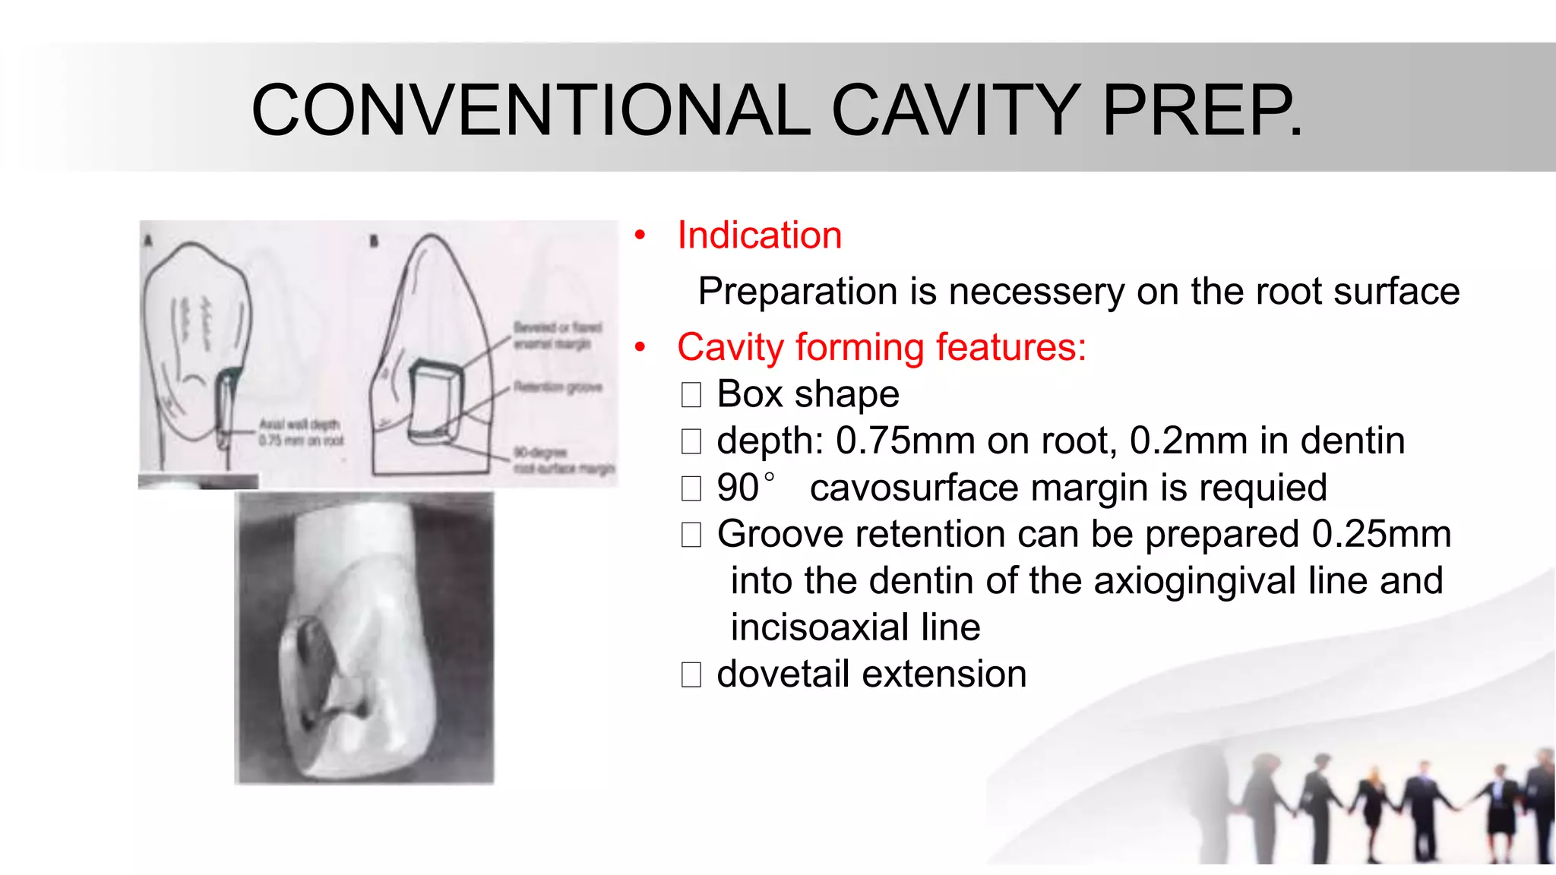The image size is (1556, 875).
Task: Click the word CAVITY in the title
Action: (x=956, y=111)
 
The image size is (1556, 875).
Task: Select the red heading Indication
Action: (x=760, y=235)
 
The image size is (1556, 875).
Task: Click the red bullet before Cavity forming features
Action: (x=640, y=348)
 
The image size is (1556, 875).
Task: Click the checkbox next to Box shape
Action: (x=691, y=395)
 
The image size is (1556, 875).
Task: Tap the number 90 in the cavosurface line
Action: (x=738, y=488)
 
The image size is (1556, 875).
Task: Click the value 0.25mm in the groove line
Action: (x=1381, y=535)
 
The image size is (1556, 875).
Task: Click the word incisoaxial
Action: (x=820, y=628)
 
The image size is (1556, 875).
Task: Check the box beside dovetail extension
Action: (x=691, y=674)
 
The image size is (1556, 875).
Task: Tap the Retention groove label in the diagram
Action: (x=558, y=387)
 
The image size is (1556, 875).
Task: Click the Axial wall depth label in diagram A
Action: (x=301, y=432)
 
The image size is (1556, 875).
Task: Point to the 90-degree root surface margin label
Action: (x=563, y=461)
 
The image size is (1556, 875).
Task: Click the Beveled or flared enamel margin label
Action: (x=558, y=336)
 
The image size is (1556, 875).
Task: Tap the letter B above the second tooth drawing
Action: (x=374, y=242)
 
